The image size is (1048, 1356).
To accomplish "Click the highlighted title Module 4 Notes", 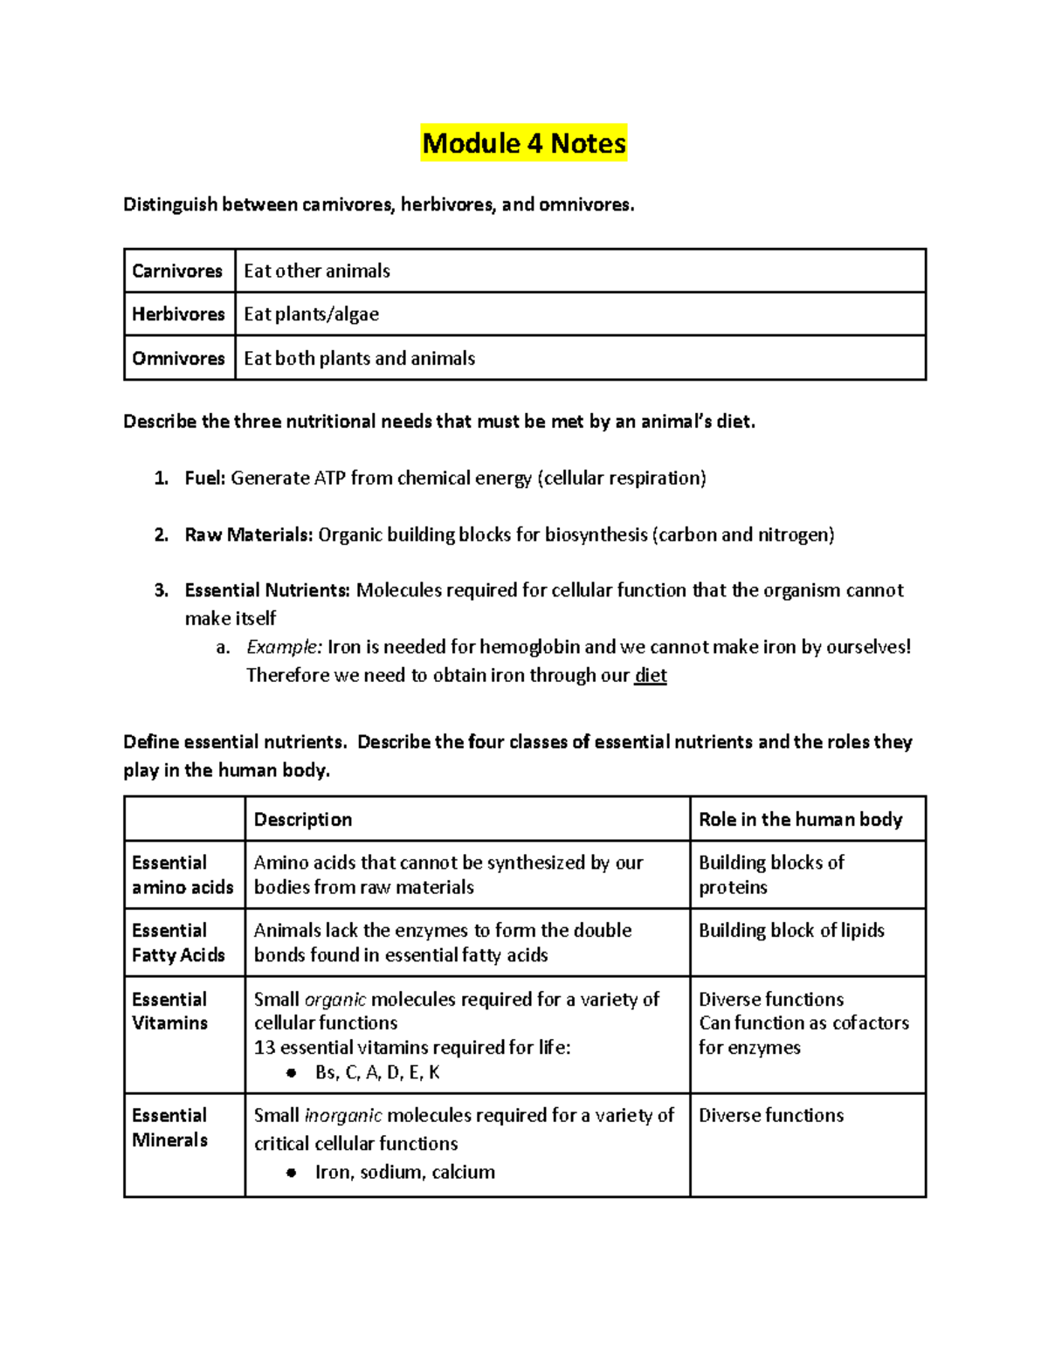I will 524,143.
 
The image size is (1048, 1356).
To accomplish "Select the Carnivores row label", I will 177,271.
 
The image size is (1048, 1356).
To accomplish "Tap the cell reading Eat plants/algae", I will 311,314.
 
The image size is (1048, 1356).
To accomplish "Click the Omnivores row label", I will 178,358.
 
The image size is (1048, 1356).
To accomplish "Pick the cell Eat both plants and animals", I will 359,358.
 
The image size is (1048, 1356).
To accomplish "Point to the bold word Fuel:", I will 205,478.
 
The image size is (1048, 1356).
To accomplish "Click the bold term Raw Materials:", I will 248,534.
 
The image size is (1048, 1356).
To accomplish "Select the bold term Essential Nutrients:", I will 267,590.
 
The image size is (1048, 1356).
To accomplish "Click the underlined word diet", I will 651,675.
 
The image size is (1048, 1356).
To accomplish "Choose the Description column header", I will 303,819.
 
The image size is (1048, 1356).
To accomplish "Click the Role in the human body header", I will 800,819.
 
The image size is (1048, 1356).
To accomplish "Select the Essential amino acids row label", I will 183,875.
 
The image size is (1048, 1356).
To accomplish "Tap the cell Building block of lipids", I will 791,931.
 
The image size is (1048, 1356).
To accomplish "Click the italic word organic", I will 334,999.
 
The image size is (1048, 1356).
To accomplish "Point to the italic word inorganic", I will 342,1115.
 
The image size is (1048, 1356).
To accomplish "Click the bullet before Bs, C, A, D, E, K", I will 292,1073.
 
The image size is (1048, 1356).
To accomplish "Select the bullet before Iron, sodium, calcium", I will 292,1173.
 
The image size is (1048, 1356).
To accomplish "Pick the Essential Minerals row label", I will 169,1127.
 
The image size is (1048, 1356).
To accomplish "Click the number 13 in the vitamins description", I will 264,1048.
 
